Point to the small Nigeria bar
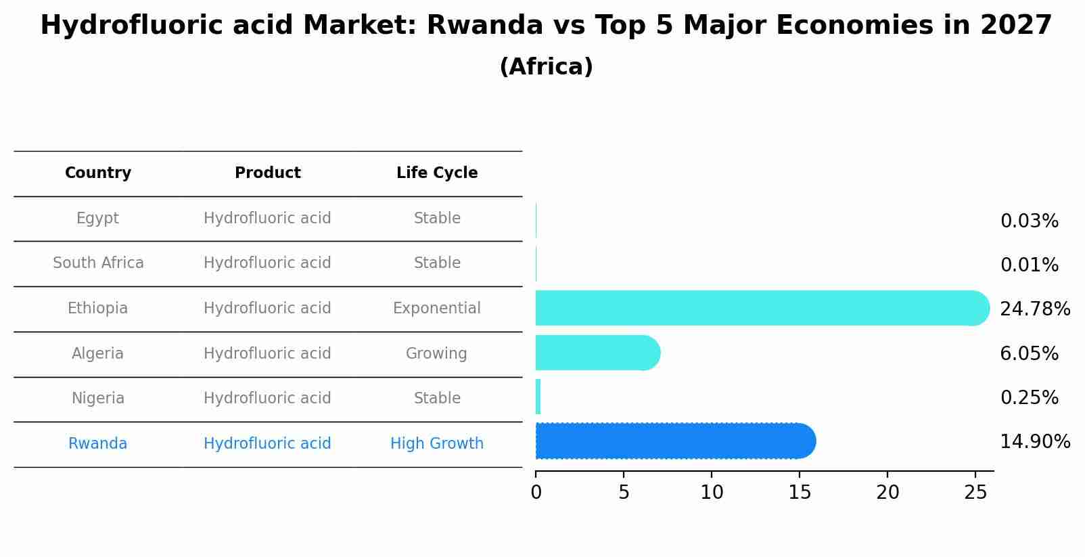[538, 397]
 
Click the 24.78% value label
[1034, 309]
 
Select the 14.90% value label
[1034, 442]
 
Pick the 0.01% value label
[1029, 265]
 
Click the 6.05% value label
[1029, 353]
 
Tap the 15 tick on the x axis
[800, 493]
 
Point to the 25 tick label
[975, 493]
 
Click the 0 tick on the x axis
[536, 493]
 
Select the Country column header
[98, 173]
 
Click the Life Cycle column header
[437, 173]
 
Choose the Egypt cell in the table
[97, 219]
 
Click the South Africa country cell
[98, 263]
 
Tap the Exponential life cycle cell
[436, 309]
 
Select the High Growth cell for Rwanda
[436, 444]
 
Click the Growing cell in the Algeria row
[436, 354]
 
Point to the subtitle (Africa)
[546, 67]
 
